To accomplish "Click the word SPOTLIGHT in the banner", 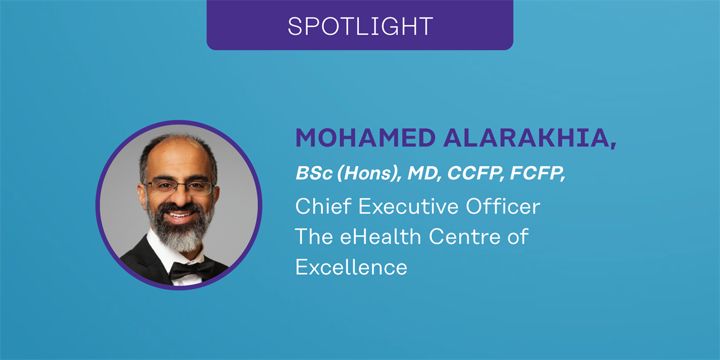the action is click(360, 26).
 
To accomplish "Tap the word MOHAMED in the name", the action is click(365, 138).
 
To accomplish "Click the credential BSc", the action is click(314, 173).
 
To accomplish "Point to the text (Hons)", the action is click(368, 173).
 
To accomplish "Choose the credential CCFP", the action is click(475, 173).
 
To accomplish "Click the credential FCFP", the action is click(536, 173).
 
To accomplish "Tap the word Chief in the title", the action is click(323, 206).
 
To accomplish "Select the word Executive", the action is click(408, 206).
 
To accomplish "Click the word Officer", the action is click(503, 206).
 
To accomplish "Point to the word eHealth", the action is click(380, 236).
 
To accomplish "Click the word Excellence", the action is click(352, 267).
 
